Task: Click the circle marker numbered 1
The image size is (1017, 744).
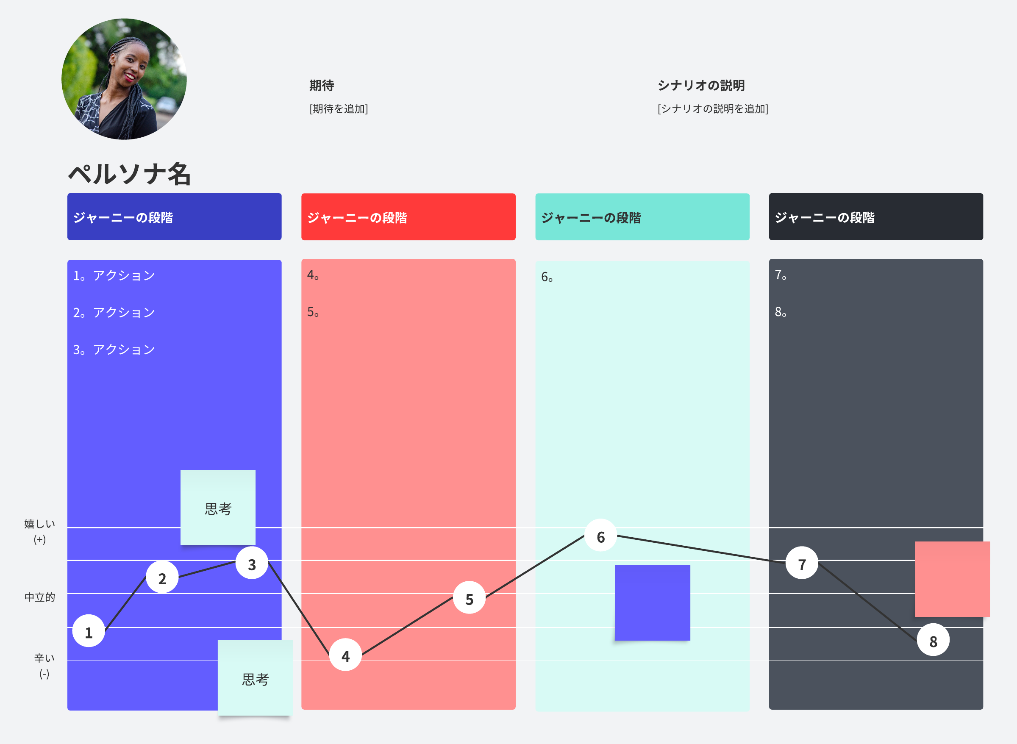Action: coord(89,631)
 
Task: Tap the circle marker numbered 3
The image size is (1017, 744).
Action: coord(252,563)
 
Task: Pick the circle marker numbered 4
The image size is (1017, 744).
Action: coord(345,655)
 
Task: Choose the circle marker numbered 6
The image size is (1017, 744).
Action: coord(600,536)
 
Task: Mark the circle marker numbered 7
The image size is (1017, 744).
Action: coord(802,563)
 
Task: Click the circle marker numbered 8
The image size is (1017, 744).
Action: coord(933,640)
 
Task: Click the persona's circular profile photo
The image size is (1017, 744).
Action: coord(124,79)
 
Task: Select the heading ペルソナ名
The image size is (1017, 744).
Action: coord(130,174)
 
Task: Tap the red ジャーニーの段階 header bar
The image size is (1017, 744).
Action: coord(408,217)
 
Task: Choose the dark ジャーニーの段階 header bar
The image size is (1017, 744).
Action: coord(875,217)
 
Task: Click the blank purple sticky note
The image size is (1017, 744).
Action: coord(652,602)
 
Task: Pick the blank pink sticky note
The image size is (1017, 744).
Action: coord(952,579)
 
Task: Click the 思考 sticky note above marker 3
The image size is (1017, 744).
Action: coord(218,508)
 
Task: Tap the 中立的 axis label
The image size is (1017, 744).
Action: coord(40,597)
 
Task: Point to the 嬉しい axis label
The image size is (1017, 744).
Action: coord(40,524)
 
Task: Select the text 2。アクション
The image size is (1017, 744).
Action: coord(114,313)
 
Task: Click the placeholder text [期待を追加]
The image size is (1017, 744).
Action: coord(339,109)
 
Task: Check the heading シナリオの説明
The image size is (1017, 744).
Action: coord(701,86)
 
